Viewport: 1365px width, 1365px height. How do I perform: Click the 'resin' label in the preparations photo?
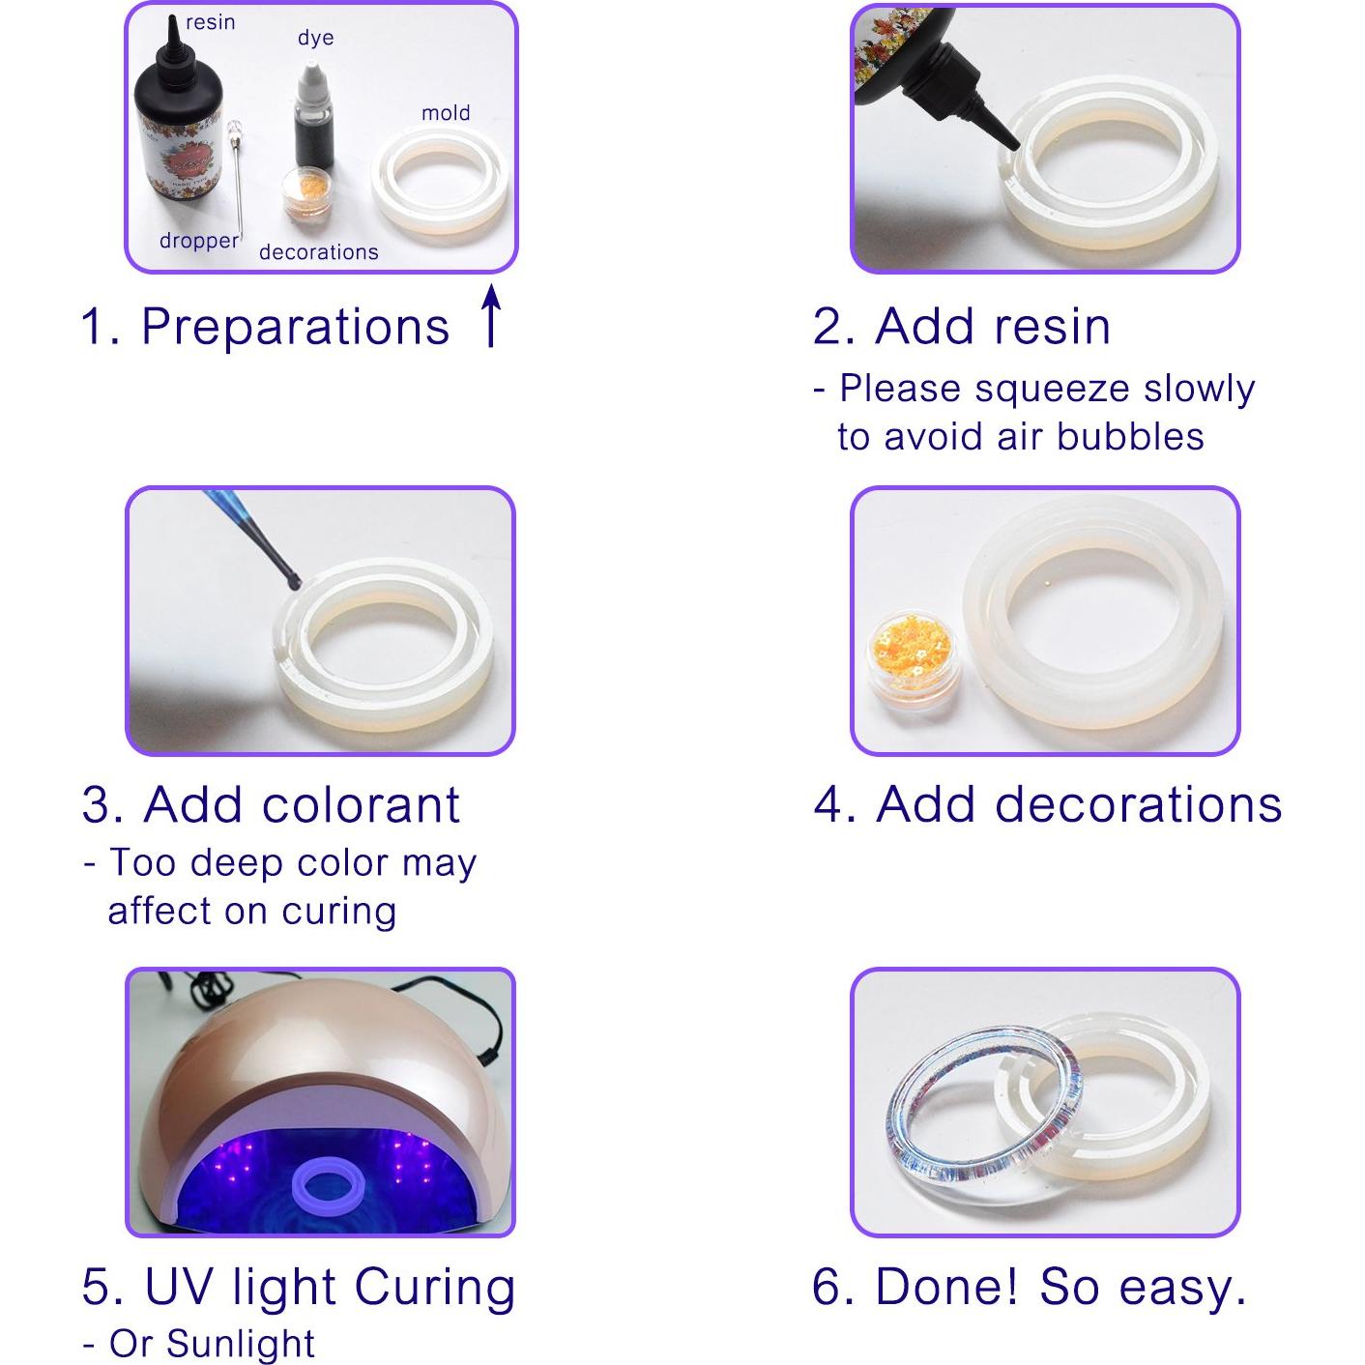coord(210,22)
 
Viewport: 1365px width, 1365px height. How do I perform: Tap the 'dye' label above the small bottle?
coord(315,38)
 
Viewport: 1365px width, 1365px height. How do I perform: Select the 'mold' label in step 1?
coord(446,113)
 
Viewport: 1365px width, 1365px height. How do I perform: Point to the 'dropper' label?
coord(198,241)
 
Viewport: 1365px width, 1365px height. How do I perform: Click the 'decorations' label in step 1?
coord(318,252)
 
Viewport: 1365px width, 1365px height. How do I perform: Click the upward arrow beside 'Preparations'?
coord(491,315)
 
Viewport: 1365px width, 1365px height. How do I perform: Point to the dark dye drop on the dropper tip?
coord(291,580)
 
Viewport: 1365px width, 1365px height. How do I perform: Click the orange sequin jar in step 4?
coord(909,657)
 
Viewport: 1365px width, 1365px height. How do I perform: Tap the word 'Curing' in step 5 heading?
coord(434,1287)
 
